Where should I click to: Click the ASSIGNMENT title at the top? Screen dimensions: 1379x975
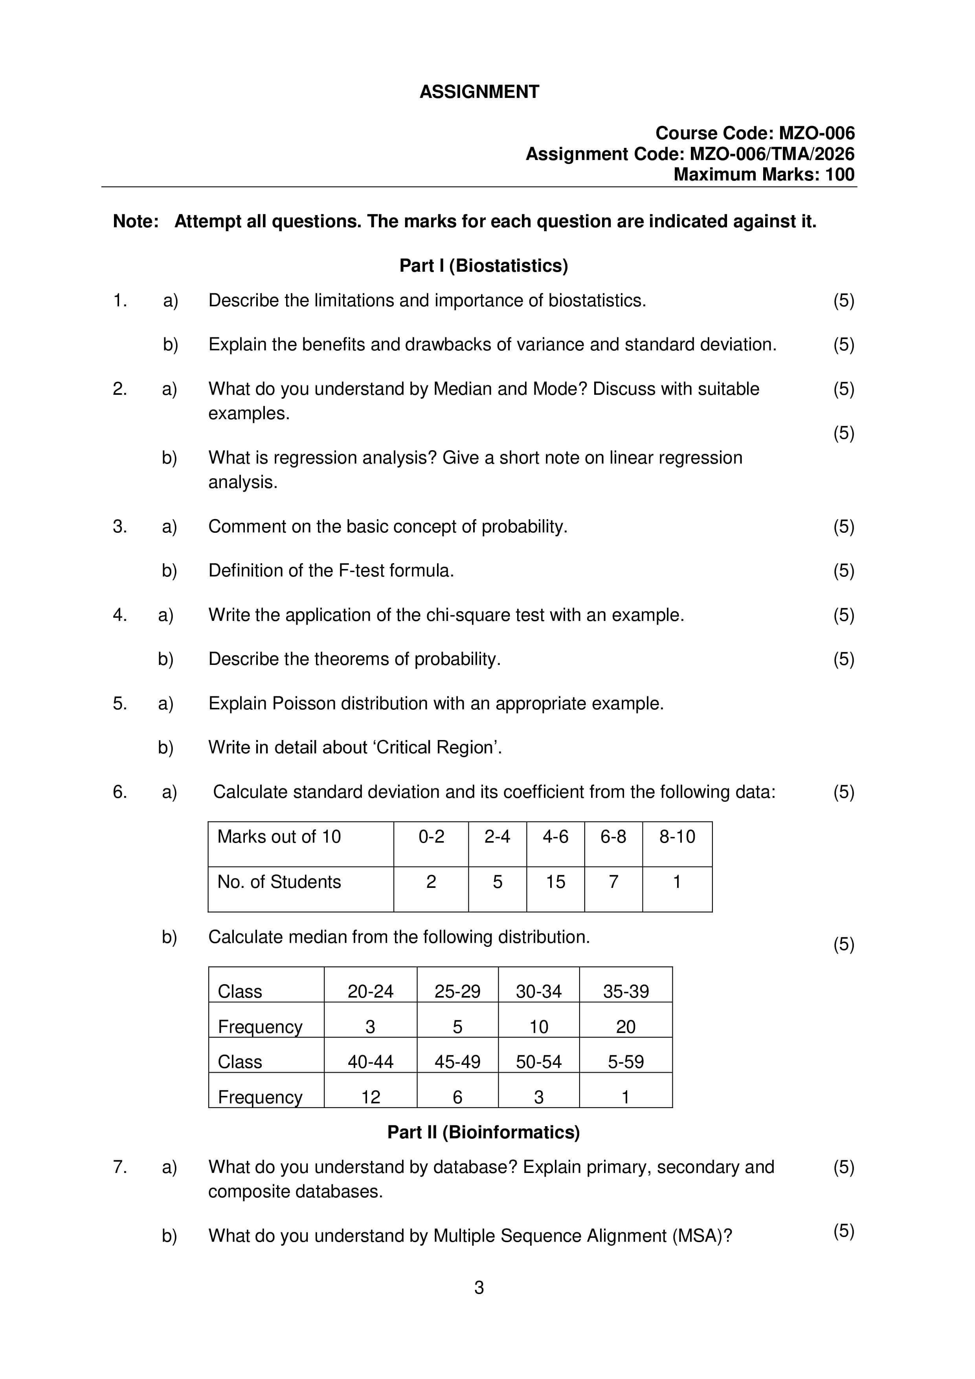[x=479, y=92]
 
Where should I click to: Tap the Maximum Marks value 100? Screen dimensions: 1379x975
[x=839, y=174]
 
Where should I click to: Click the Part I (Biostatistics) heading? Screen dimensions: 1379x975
[x=483, y=265]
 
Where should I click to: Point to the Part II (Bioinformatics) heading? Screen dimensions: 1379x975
[x=483, y=1132]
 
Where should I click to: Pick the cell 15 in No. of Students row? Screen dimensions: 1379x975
[x=555, y=882]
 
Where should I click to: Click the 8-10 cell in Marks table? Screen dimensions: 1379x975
[x=677, y=837]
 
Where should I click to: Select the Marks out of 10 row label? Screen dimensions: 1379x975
[x=279, y=837]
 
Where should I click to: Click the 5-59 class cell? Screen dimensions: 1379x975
[x=626, y=1062]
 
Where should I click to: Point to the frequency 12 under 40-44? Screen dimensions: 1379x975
[x=371, y=1097]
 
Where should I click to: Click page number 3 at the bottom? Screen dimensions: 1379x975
[x=479, y=1288]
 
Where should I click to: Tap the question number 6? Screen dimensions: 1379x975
[x=120, y=792]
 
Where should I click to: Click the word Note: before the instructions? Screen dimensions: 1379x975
[x=136, y=222]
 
